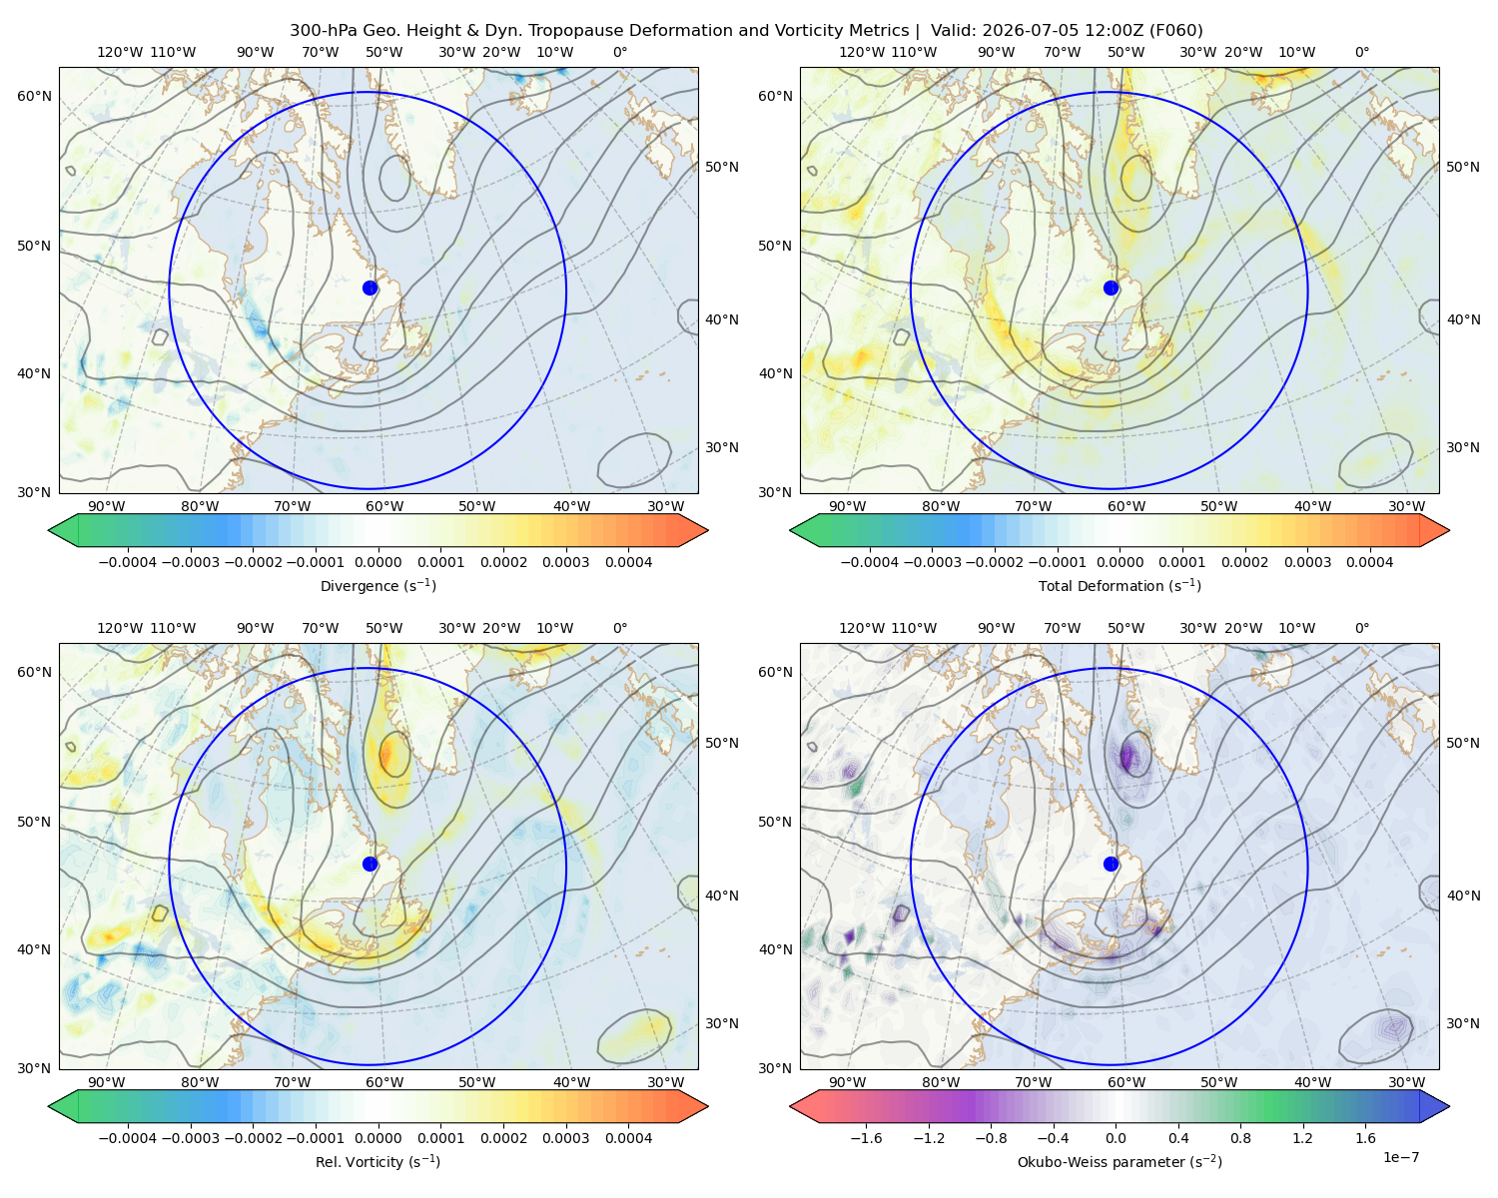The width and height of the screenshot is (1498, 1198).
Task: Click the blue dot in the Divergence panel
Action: [x=370, y=289]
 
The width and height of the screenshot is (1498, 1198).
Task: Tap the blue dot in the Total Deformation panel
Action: [x=1111, y=289]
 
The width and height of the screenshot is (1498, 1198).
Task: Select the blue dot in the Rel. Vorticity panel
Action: [x=370, y=864]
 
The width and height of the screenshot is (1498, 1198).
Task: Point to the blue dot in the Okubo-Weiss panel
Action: [x=1111, y=864]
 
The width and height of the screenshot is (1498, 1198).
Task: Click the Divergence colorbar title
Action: [x=377, y=586]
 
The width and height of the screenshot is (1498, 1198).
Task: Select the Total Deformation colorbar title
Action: [x=1120, y=586]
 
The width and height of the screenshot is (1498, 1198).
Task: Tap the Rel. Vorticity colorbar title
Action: [x=377, y=1162]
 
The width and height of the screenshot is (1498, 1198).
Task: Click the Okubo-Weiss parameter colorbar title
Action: [x=1120, y=1162]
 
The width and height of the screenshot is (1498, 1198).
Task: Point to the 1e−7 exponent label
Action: [x=1400, y=1157]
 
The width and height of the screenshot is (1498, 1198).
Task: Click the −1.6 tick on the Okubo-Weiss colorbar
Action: [x=867, y=1138]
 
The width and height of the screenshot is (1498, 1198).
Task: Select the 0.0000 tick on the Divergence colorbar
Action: [x=377, y=562]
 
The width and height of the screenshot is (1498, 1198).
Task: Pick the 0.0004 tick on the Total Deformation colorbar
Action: [x=1369, y=562]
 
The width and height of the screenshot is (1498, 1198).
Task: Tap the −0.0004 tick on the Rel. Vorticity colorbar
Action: [x=128, y=1138]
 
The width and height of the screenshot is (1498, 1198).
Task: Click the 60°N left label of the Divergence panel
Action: [x=34, y=96]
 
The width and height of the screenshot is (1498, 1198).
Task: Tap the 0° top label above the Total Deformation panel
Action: [x=1361, y=52]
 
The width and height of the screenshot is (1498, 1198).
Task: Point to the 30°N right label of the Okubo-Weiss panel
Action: [x=1462, y=1023]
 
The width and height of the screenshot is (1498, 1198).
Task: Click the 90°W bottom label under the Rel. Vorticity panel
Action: [x=107, y=1082]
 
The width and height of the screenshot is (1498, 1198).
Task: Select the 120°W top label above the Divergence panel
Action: [x=120, y=52]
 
